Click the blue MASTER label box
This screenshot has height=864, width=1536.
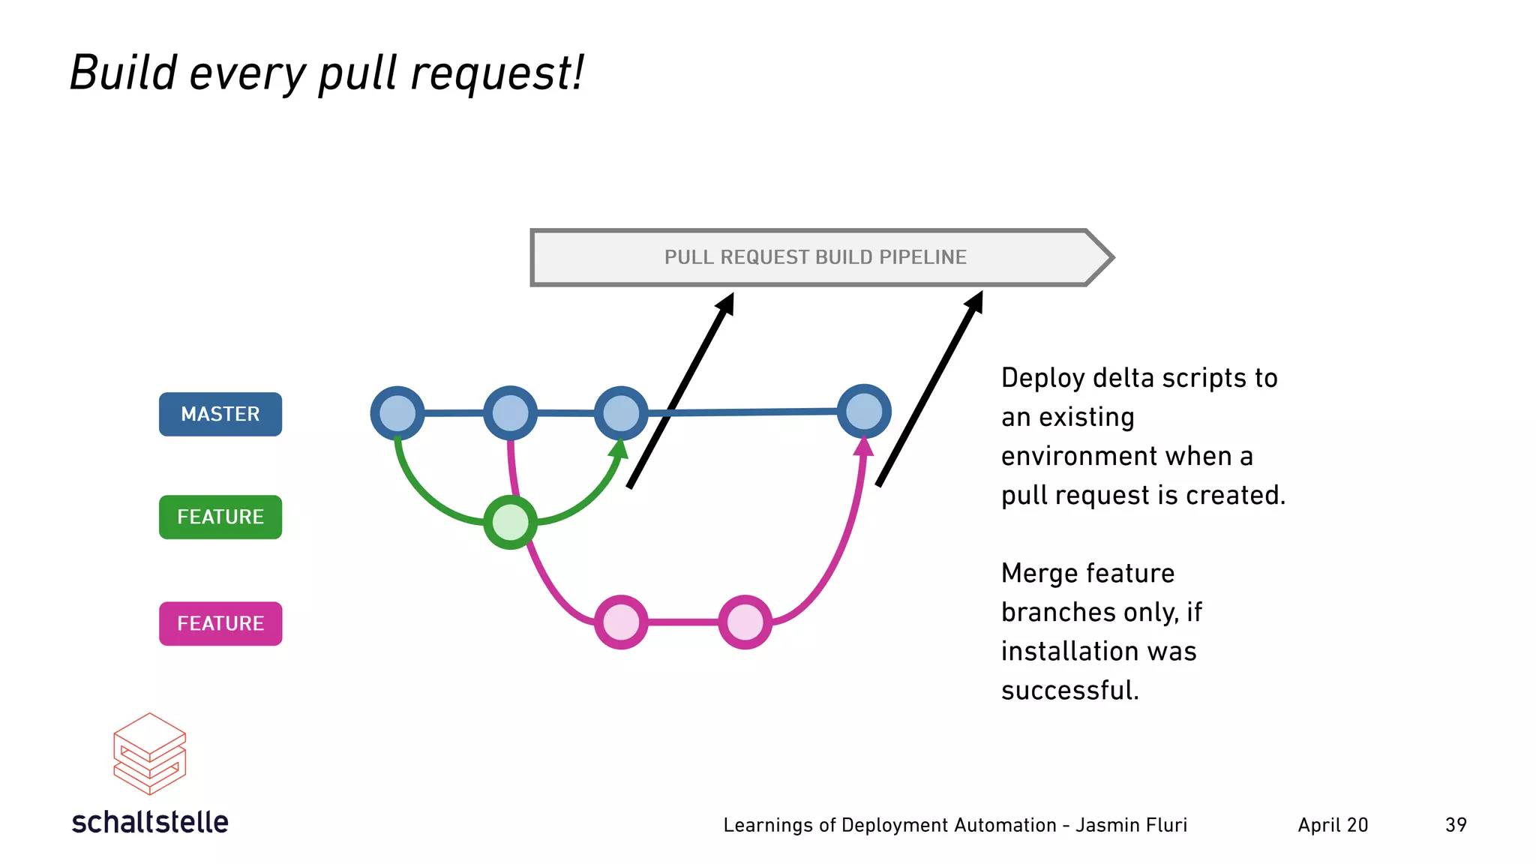pyautogui.click(x=220, y=414)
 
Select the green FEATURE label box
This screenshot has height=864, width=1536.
pyautogui.click(x=220, y=517)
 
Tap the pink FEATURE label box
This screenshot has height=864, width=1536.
pyautogui.click(x=220, y=623)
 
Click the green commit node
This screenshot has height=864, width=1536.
pyautogui.click(x=510, y=522)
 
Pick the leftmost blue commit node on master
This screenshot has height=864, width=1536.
pyautogui.click(x=397, y=413)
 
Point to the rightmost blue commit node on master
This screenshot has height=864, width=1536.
pyautogui.click(x=864, y=411)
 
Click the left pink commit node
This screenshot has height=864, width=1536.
pyautogui.click(x=621, y=622)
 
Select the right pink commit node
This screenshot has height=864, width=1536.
pyautogui.click(x=745, y=622)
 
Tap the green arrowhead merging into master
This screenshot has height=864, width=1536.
pyautogui.click(x=619, y=448)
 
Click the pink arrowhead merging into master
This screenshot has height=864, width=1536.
pyautogui.click(x=864, y=445)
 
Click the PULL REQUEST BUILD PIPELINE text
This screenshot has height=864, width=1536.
pyautogui.click(x=815, y=257)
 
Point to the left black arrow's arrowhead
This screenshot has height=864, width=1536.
pyautogui.click(x=726, y=303)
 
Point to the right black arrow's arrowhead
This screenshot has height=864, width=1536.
pyautogui.click(x=975, y=301)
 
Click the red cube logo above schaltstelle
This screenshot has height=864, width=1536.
pyautogui.click(x=149, y=754)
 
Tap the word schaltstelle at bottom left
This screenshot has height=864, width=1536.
pyautogui.click(x=150, y=822)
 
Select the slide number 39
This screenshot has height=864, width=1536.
pyautogui.click(x=1456, y=825)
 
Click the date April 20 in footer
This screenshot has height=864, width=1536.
pyautogui.click(x=1333, y=825)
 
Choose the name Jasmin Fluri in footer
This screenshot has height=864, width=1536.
pyautogui.click(x=1131, y=825)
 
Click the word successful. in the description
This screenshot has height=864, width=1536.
pyautogui.click(x=1069, y=690)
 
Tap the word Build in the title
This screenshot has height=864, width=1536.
pyautogui.click(x=123, y=73)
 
